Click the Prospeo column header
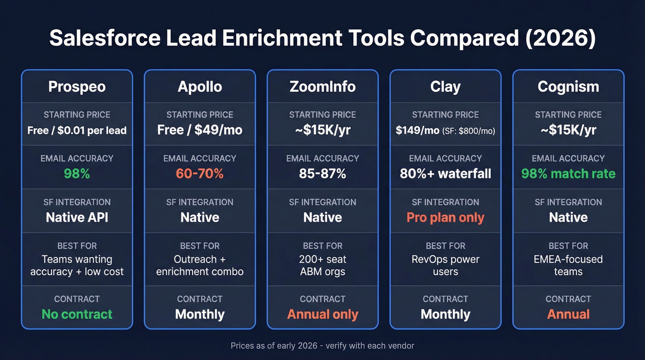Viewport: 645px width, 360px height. coord(77,87)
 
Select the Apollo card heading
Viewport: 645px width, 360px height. coord(199,87)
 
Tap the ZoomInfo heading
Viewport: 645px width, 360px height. coord(322,87)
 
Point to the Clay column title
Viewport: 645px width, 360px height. coord(445,87)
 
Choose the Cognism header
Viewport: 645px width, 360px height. coord(568,87)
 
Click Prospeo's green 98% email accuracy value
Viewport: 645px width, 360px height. coord(77,174)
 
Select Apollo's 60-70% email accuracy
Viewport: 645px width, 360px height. coord(199,174)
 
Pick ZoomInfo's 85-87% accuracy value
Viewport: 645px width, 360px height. coord(322,174)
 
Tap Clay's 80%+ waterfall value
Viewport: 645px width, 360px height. coord(445,174)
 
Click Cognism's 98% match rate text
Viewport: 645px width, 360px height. coord(568,174)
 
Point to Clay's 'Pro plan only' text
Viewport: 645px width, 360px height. coord(445,218)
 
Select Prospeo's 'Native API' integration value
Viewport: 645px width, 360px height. coord(77,218)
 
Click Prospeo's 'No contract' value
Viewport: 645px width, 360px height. coord(77,314)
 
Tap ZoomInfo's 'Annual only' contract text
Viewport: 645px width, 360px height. coord(322,314)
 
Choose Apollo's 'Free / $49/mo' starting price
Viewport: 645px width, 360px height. coord(199,130)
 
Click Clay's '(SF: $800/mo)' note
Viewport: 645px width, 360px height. coord(469,131)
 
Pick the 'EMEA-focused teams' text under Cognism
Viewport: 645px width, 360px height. coord(568,265)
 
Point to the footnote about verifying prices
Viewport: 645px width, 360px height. coord(322,345)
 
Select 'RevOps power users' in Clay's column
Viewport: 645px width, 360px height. coord(445,265)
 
